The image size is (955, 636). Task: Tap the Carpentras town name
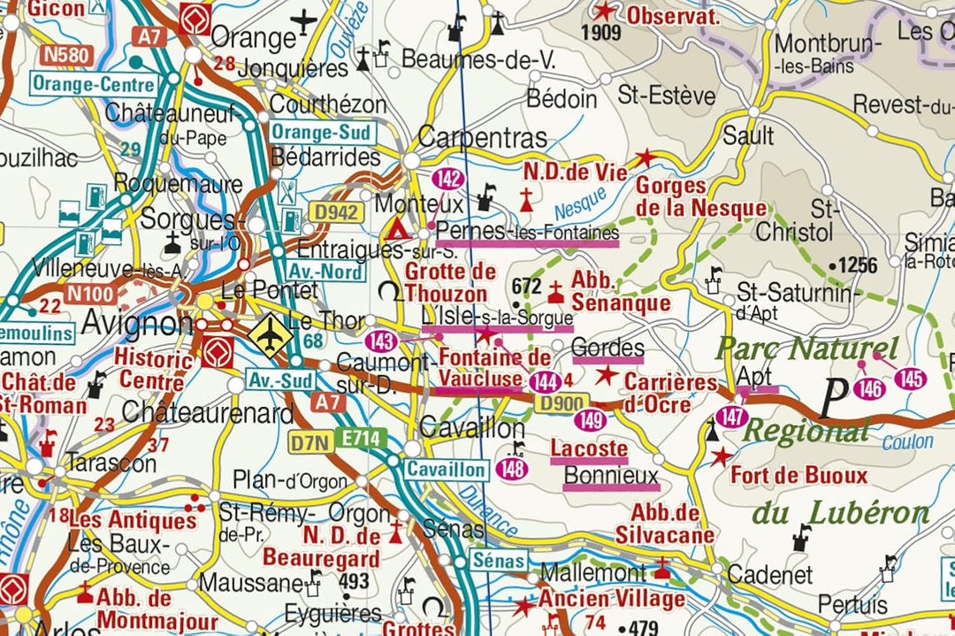tap(482, 137)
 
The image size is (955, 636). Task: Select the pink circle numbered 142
tap(448, 179)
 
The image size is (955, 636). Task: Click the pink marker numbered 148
tap(514, 469)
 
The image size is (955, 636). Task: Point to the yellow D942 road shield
tap(334, 212)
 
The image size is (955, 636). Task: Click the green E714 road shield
tap(362, 439)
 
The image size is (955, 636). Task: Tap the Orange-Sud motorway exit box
tap(323, 132)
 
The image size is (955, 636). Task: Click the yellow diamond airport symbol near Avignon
tap(266, 334)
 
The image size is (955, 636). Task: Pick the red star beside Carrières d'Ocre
tap(606, 375)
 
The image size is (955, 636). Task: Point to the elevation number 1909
tap(600, 34)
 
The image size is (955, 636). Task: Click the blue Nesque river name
tap(580, 205)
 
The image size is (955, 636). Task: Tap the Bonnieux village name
tap(611, 476)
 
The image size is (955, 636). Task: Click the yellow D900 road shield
tap(560, 403)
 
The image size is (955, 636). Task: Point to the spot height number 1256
tap(857, 265)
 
